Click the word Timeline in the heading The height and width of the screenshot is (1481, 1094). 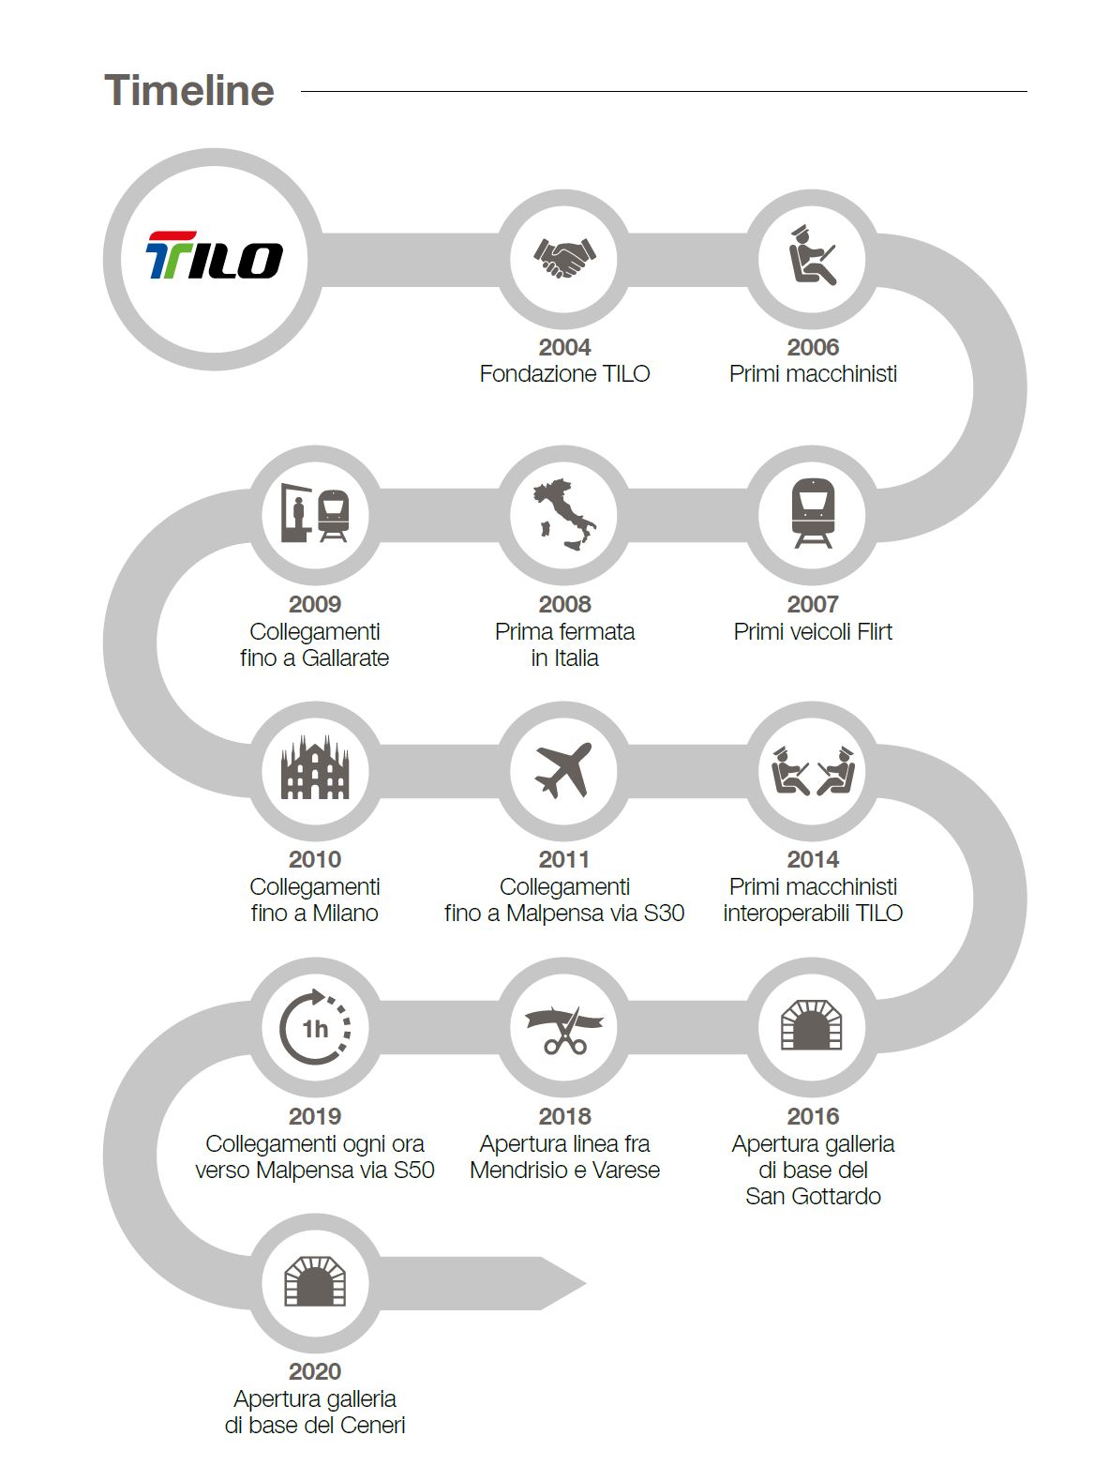point(189,90)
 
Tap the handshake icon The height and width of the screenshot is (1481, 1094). point(564,258)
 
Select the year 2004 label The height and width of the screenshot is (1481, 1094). point(564,347)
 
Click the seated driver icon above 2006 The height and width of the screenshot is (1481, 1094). point(812,256)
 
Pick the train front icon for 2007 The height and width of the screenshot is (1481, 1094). point(812,513)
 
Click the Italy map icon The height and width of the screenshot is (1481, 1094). point(564,513)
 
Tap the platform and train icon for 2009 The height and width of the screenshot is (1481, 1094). point(315,513)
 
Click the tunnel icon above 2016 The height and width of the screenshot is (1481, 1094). point(812,1026)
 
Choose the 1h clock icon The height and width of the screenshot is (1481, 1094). point(315,1027)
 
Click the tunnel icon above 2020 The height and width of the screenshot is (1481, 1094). point(315,1282)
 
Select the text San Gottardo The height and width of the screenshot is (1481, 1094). point(812,1196)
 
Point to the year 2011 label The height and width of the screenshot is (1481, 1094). point(564,859)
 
